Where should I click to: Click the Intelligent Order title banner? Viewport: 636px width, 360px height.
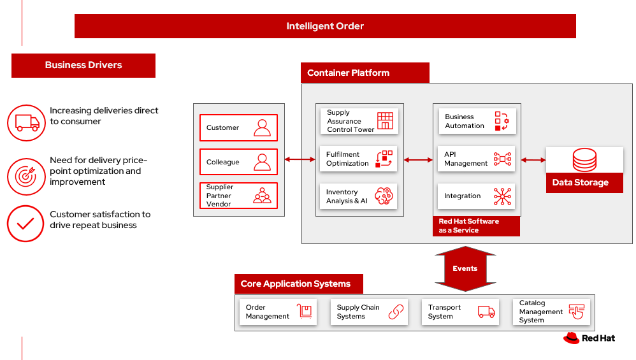click(325, 26)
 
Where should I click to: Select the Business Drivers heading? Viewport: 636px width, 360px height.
click(83, 65)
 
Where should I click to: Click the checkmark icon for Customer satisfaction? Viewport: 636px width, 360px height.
click(26, 224)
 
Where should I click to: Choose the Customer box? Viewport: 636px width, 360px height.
click(238, 127)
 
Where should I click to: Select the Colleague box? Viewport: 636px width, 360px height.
click(238, 162)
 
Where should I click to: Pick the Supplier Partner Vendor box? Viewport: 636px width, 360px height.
click(238, 196)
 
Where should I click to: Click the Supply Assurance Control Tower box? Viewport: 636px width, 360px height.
click(358, 121)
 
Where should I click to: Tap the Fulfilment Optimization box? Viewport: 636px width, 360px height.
click(358, 159)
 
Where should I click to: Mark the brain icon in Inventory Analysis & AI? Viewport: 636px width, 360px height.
click(384, 196)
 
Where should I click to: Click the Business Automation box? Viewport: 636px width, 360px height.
click(477, 121)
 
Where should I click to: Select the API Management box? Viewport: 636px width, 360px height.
click(477, 159)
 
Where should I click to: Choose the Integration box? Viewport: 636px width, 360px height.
click(477, 196)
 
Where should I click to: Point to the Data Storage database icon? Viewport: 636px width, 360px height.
click(584, 160)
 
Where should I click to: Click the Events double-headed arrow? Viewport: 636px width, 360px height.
click(465, 268)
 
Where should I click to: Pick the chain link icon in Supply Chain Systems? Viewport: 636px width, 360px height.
click(396, 312)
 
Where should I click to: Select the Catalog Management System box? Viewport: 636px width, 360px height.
click(551, 312)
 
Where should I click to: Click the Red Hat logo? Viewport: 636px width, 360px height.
click(589, 338)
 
